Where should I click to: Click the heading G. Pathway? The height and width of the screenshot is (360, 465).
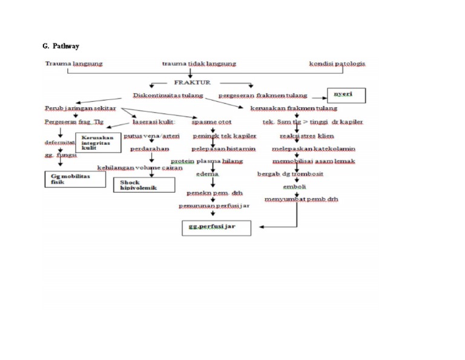point(60,46)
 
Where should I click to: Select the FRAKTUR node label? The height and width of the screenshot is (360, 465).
point(192,82)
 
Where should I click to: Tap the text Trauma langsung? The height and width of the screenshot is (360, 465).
point(73,64)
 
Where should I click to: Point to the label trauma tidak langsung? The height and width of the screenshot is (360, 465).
point(199,64)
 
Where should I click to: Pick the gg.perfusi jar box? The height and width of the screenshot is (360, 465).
point(216,227)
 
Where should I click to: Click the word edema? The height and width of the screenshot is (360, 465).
point(207,175)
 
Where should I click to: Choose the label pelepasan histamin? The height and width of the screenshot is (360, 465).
point(223,148)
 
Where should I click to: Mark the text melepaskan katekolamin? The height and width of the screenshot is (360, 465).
point(313,148)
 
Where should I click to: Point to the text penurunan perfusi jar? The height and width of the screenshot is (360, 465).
point(214,205)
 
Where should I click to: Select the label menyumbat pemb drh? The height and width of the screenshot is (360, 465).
point(301,199)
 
